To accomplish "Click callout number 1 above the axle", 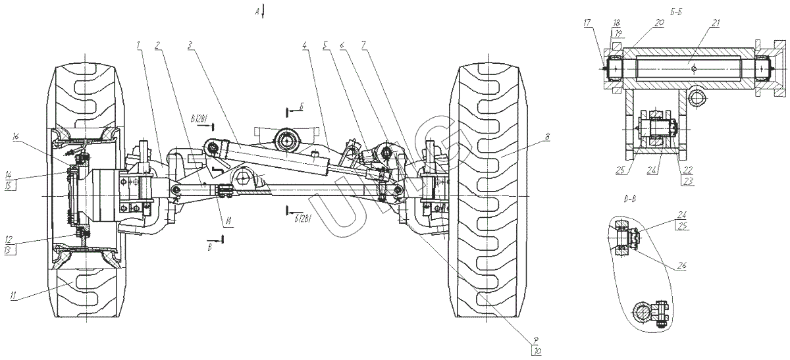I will coord(138,45).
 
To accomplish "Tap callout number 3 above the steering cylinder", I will coord(190,45).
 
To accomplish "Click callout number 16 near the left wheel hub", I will coord(16,136).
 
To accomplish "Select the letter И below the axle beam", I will coord(226,221).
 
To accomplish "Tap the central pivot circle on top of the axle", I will coord(288,140).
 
